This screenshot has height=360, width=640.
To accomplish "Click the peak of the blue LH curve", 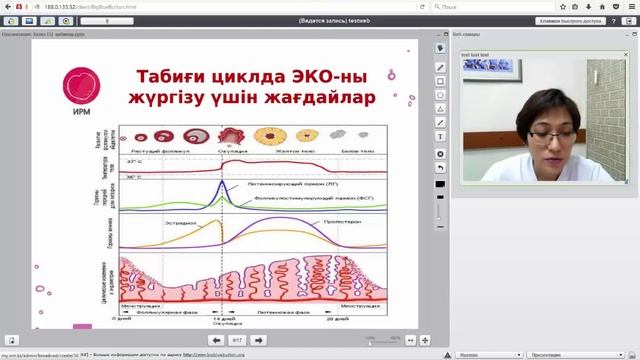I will point(221,183).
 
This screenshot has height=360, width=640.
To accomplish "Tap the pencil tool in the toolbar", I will point(441,68).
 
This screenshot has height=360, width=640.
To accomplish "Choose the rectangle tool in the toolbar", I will point(441,82).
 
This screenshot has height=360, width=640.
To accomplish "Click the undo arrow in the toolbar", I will point(441,167).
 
